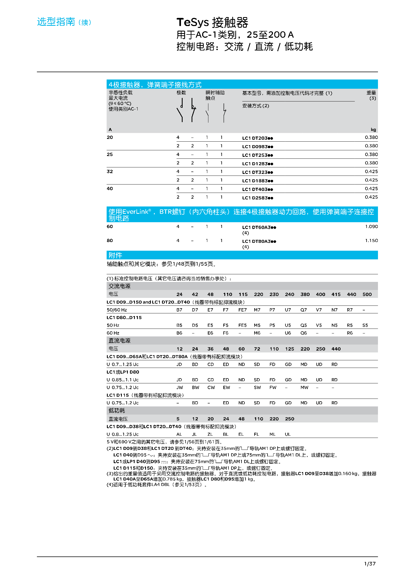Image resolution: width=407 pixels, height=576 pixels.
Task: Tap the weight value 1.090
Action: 371,227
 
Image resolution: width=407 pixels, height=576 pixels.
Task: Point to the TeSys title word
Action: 193,22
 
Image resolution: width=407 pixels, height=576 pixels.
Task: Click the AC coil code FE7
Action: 242,310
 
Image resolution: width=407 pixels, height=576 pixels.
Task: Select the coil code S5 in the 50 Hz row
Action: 365,325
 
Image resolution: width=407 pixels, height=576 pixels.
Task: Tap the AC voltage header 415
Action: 336,294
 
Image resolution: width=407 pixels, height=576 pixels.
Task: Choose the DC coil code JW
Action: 180,387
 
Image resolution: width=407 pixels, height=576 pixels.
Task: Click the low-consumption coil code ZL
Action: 210,434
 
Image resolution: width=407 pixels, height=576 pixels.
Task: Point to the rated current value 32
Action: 110,171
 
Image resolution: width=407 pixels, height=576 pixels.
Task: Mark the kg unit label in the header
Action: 373,130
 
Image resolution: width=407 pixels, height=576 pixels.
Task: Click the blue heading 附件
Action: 115,255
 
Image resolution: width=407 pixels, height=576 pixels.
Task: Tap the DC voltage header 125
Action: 290,349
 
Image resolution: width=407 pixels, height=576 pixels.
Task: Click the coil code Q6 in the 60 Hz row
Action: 304,333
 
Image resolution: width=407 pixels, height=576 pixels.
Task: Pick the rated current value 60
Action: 110,227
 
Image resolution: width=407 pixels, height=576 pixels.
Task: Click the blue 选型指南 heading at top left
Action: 56,22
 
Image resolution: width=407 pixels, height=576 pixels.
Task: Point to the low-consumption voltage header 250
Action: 290,419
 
